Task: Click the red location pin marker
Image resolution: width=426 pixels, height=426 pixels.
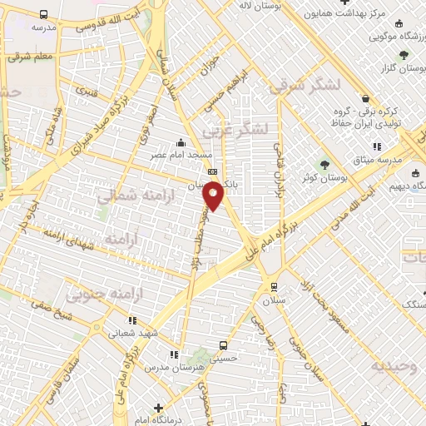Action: point(215,195)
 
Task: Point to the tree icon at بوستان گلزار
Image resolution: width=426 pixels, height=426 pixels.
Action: point(404,55)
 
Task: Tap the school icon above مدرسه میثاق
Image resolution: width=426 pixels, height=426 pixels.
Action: point(377,146)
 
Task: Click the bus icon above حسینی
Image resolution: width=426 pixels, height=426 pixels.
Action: point(223,345)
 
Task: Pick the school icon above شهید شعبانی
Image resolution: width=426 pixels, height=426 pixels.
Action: point(132,319)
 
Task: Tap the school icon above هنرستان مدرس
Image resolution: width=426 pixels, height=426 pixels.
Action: point(174,354)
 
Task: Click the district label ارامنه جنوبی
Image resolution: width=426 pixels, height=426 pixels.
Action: point(98,293)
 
